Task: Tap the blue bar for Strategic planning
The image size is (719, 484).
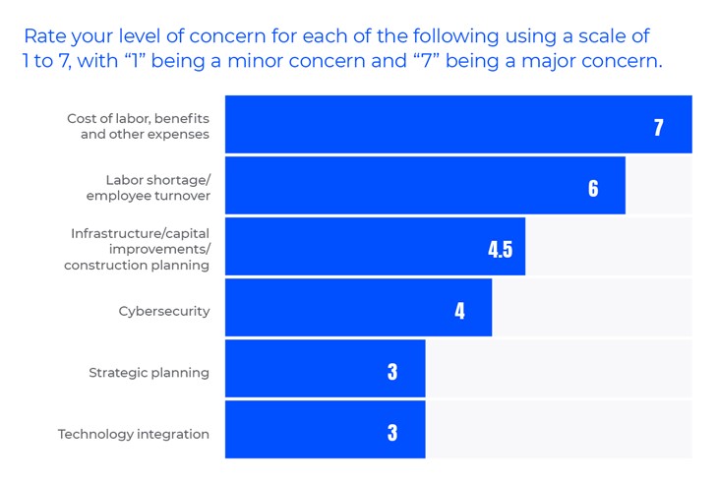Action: click(325, 369)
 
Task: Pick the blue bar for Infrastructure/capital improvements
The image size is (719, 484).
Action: click(375, 247)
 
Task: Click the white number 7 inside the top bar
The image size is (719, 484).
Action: click(658, 127)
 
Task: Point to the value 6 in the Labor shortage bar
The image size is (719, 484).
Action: click(593, 188)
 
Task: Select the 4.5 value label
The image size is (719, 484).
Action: click(500, 249)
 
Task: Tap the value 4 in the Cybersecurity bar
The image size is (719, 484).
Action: click(459, 311)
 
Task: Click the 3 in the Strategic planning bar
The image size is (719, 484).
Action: click(392, 372)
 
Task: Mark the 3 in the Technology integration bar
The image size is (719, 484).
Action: click(392, 433)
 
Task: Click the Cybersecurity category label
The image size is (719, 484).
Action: click(163, 311)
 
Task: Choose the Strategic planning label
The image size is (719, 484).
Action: click(149, 373)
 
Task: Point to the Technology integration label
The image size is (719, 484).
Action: click(133, 434)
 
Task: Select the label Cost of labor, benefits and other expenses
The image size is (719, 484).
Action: click(138, 126)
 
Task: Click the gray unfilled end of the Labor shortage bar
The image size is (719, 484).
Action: click(658, 185)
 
